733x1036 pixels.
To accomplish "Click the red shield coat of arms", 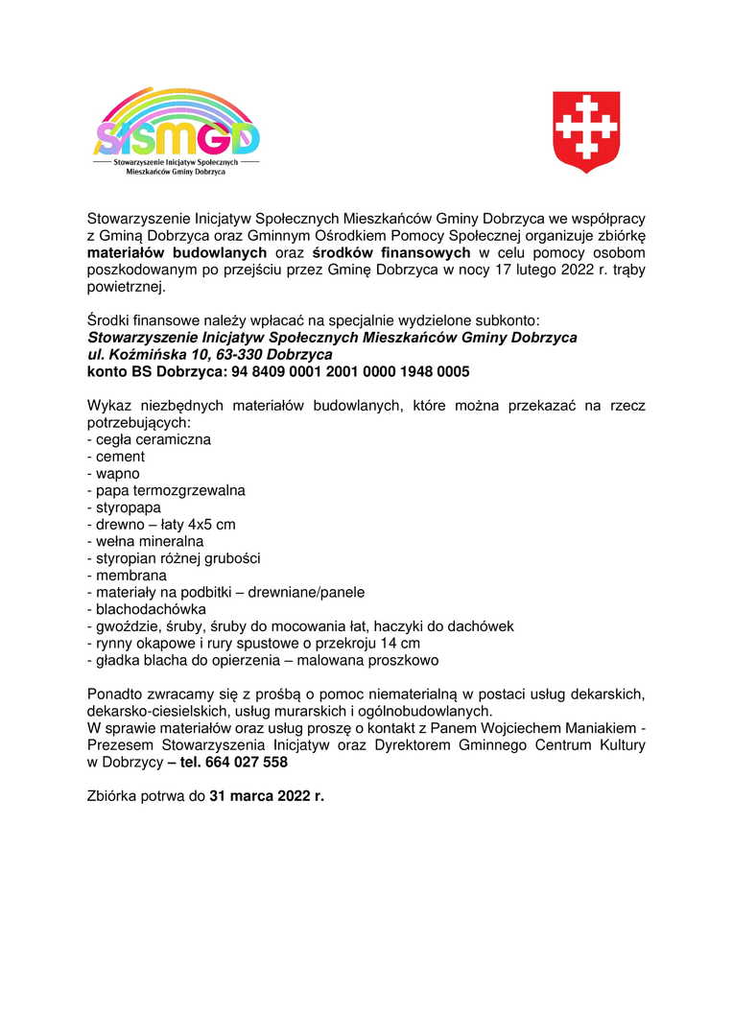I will (x=585, y=132).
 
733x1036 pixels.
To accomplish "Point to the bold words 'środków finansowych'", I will (x=391, y=252).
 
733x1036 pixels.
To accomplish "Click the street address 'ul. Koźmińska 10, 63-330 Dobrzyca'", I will (x=210, y=355).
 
